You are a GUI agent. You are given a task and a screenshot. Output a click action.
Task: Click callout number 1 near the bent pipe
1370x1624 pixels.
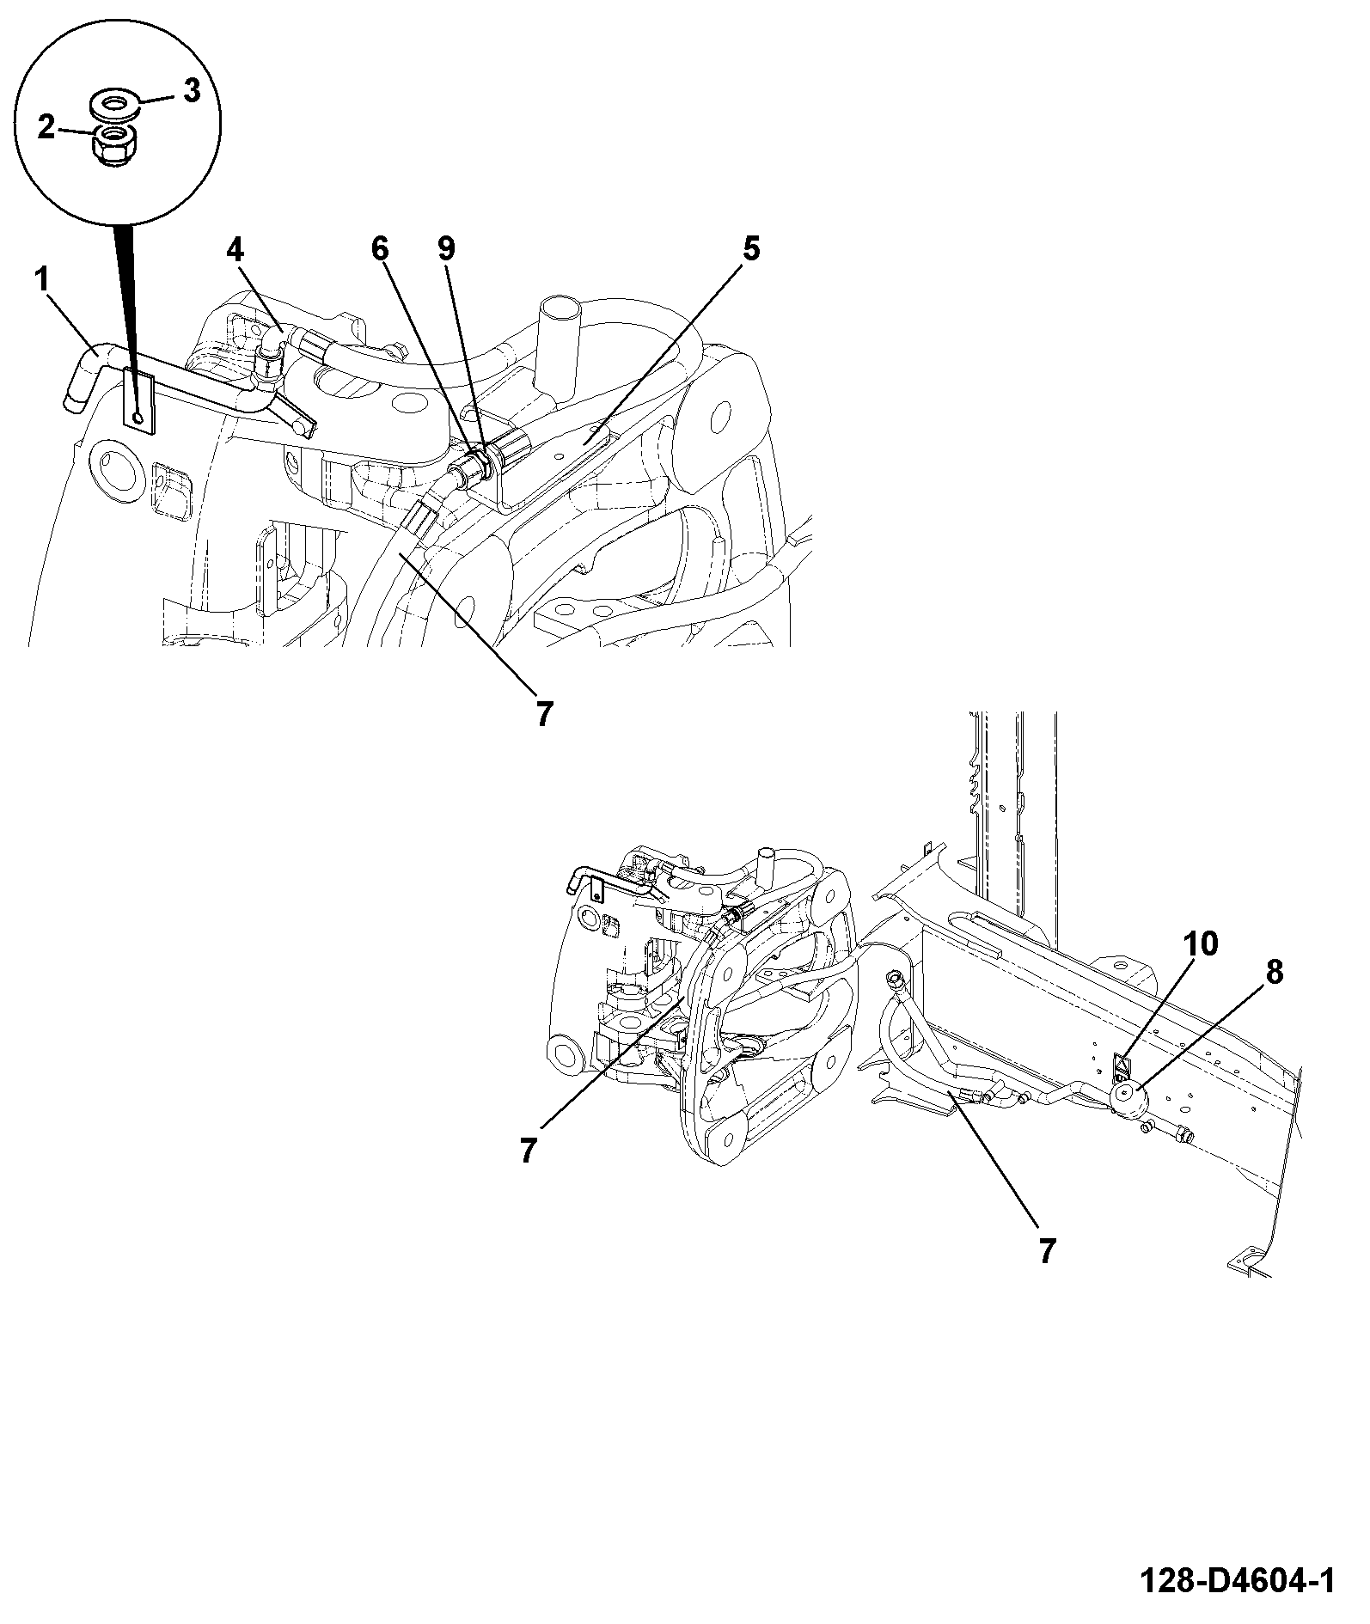(x=41, y=281)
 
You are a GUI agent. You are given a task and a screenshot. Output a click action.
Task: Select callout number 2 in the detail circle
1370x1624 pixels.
(x=45, y=128)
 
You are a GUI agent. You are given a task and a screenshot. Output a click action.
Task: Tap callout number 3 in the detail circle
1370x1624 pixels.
(x=191, y=89)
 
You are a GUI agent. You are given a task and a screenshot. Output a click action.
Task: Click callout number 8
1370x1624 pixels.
(x=1274, y=974)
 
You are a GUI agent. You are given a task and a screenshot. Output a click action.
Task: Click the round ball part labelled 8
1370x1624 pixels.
(x=1128, y=1099)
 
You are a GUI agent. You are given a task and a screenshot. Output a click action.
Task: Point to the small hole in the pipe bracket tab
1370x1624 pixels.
(x=138, y=416)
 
